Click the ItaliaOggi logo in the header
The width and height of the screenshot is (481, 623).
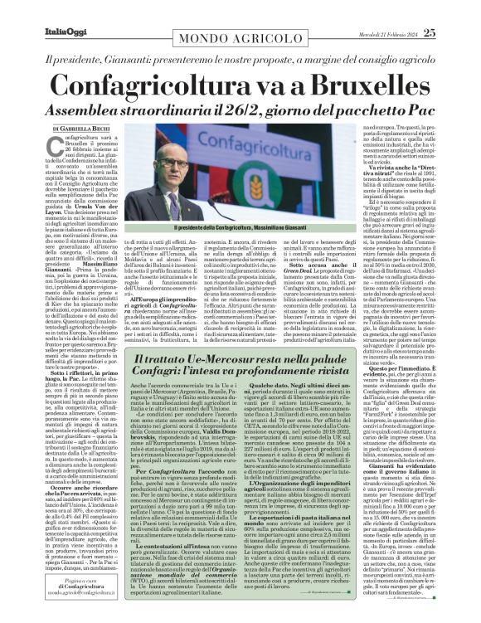pos(34,10)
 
